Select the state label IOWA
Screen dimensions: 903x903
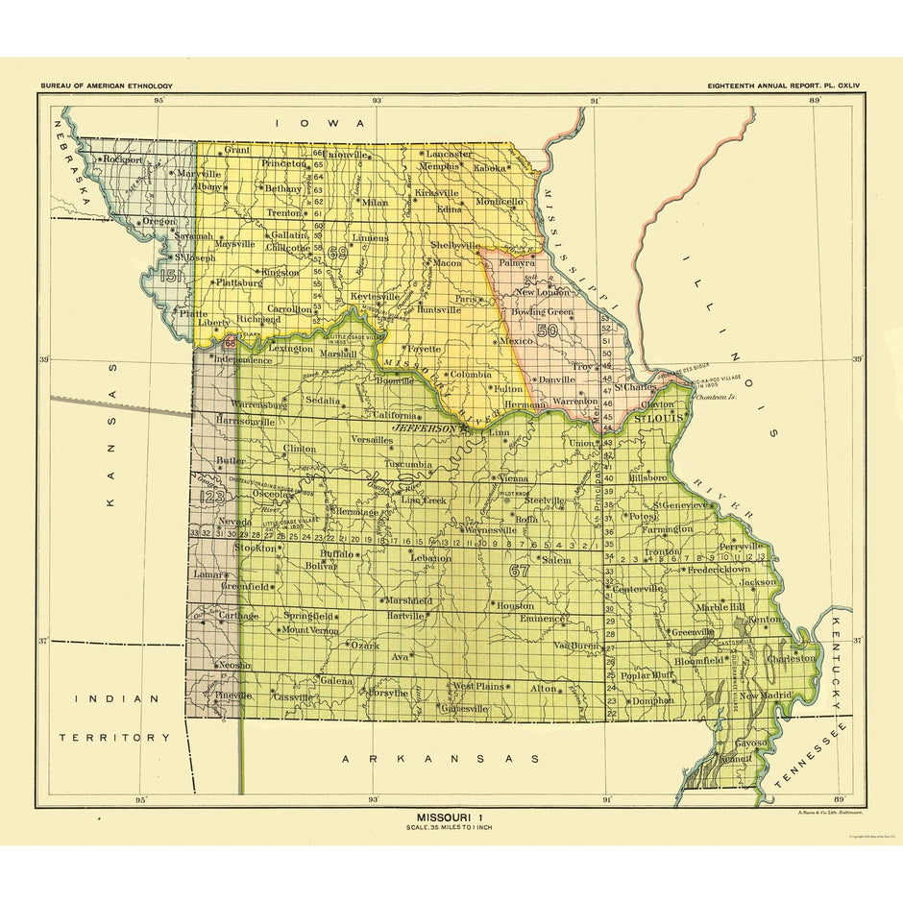tap(320, 123)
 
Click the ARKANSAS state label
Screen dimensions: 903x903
tap(441, 759)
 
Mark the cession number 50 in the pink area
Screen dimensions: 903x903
tap(549, 329)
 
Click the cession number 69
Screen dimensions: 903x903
tap(336, 253)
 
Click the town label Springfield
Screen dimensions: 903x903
tap(309, 615)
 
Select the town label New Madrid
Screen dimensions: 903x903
tap(766, 696)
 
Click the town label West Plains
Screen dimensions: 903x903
tap(477, 686)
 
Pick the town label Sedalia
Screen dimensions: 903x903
tap(323, 400)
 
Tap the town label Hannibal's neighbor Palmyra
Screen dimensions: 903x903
tap(518, 262)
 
